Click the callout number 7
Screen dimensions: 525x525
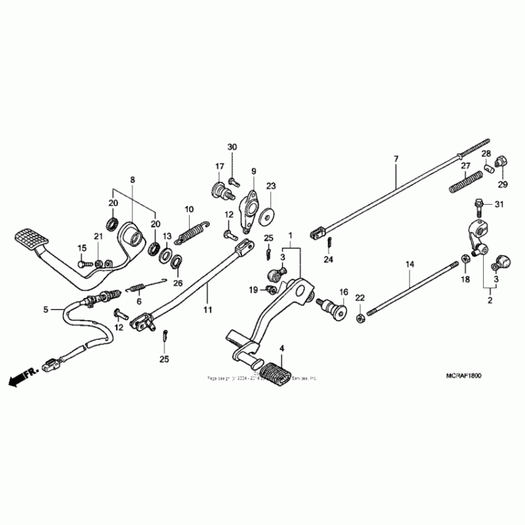(396, 159)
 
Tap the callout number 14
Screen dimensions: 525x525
(409, 265)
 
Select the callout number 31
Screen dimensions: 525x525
(498, 205)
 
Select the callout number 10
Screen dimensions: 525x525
(189, 209)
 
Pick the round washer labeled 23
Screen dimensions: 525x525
(266, 216)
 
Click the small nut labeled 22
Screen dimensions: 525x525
(360, 318)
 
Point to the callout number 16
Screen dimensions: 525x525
(343, 291)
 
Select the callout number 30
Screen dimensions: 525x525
(232, 146)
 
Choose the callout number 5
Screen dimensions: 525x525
(46, 308)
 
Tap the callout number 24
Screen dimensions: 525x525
(328, 260)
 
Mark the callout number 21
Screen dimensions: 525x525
(98, 236)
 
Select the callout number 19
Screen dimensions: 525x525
(253, 290)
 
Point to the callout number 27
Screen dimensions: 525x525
(465, 166)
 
